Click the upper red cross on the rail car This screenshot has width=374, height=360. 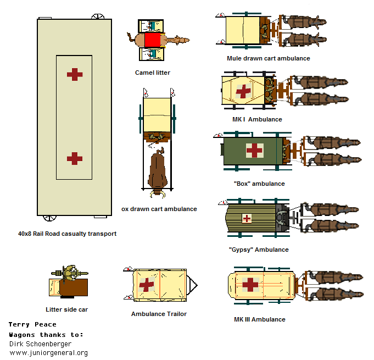pyautogui.click(x=75, y=75)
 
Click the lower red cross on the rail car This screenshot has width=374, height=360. pyautogui.click(x=75, y=158)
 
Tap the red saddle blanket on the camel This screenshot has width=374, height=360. pyautogui.click(x=152, y=40)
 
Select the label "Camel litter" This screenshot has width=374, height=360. pyautogui.click(x=153, y=73)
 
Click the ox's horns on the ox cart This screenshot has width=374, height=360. pyautogui.click(x=158, y=194)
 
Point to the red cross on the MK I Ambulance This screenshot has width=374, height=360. pyautogui.click(x=243, y=91)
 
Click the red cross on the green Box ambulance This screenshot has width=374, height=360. pyautogui.click(x=254, y=151)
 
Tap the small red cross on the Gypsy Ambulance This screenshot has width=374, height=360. pyautogui.click(x=247, y=218)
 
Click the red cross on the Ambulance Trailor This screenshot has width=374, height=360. pyautogui.click(x=147, y=284)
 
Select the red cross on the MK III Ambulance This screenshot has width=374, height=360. pyautogui.click(x=250, y=285)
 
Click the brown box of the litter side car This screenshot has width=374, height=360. pyautogui.click(x=74, y=287)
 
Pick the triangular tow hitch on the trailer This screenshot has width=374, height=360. pyautogui.click(x=192, y=285)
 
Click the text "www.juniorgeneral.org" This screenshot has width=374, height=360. pyautogui.click(x=49, y=353)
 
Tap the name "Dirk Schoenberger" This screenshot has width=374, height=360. pyautogui.click(x=40, y=344)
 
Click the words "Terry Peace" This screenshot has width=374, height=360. pyautogui.click(x=32, y=324)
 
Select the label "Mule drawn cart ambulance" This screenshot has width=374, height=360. pyautogui.click(x=269, y=58)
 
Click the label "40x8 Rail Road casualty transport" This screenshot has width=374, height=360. pyautogui.click(x=67, y=234)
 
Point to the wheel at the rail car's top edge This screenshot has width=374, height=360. pyautogui.click(x=98, y=16)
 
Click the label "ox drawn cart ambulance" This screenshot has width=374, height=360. pyautogui.click(x=159, y=209)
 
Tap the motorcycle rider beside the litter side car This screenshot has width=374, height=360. pyautogui.click(x=70, y=273)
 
